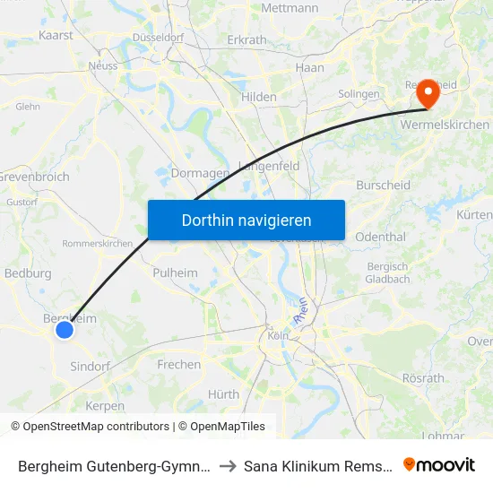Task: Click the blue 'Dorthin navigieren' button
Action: tap(246, 220)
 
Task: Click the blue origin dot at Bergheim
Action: tap(65, 330)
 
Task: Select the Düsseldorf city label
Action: tap(158, 38)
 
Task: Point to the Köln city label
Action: tap(277, 336)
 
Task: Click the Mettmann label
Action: tap(290, 8)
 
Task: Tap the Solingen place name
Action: tap(359, 94)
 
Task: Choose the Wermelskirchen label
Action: tap(445, 125)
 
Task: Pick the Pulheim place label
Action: tap(175, 272)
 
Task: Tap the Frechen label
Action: tap(179, 365)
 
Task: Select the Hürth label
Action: tap(223, 394)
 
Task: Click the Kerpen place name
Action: tap(107, 405)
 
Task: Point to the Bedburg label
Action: tap(28, 273)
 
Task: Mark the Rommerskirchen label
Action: tap(97, 244)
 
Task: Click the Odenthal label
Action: tap(380, 237)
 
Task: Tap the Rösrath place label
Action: tap(423, 378)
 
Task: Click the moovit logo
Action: tap(439, 464)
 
